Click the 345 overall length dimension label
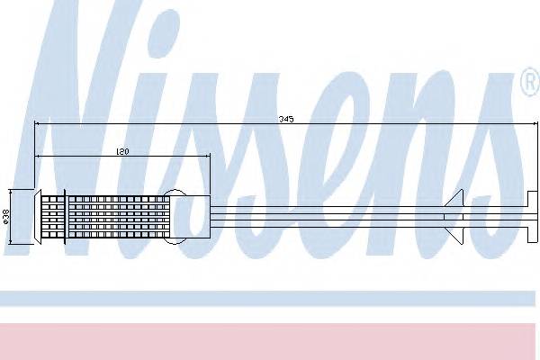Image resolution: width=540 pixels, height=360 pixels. point(286,118)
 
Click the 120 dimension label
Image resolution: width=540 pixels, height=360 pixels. point(122,152)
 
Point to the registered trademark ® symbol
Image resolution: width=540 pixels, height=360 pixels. point(528,85)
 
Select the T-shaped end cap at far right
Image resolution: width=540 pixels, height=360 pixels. point(531,216)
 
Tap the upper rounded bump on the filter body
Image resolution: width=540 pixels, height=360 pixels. point(178,193)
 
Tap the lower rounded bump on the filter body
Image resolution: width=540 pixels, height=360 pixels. point(178,238)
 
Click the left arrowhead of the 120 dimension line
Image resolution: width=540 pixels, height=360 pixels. point(39,157)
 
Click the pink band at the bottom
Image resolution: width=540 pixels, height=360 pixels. point(270,340)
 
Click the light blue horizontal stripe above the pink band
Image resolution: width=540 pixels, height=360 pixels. point(270,298)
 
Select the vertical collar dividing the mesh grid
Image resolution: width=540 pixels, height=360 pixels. point(66,216)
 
